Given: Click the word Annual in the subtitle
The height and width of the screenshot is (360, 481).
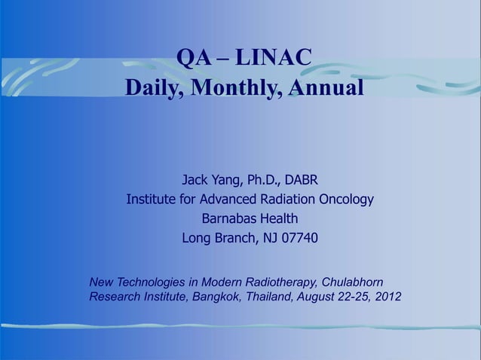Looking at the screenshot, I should click(324, 89).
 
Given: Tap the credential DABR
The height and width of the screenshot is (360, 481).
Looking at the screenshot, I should click(306, 181).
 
